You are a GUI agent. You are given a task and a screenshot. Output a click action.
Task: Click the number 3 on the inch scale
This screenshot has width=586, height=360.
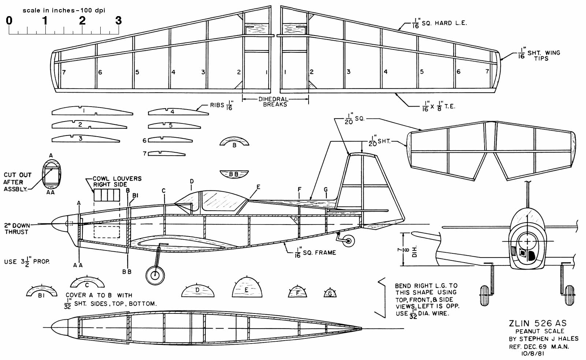coord(118,21)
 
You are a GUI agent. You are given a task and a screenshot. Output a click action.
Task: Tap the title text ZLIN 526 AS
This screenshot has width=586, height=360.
coord(537,323)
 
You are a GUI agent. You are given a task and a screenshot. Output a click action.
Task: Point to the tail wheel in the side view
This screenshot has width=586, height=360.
coord(348,241)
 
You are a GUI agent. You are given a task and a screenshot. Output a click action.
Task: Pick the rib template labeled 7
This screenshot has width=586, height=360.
coord(167,153)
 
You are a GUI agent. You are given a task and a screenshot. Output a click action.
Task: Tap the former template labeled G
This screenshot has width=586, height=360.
coord(330,293)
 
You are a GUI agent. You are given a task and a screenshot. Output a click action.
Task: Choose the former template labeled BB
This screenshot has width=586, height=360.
coord(234,174)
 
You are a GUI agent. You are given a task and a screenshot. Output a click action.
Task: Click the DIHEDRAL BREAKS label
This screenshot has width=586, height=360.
coord(275,102)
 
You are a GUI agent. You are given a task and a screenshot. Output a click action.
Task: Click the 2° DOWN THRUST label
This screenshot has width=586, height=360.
coord(16,229)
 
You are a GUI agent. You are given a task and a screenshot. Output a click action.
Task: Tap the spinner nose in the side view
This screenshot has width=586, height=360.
coord(58,223)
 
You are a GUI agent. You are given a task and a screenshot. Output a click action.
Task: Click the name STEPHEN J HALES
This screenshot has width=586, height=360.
coord(543,339)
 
